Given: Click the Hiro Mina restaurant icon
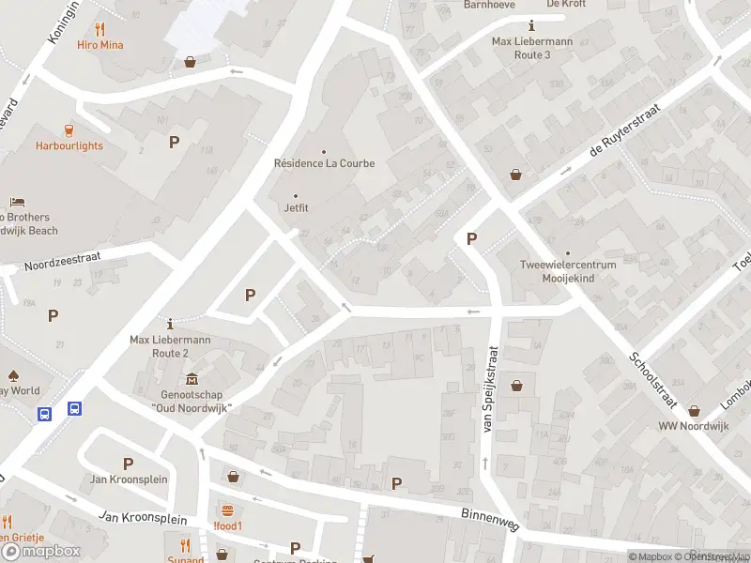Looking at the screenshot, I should coord(100,28).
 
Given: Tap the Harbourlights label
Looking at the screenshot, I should coord(69,145).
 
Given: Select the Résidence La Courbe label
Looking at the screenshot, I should coord(324,163).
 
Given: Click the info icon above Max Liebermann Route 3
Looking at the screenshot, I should coord(533,25).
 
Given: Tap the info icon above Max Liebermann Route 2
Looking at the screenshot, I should coord(170,322).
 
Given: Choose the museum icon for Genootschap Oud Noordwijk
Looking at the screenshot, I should coord(192,379).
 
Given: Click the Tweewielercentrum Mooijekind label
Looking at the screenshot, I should coord(568,271).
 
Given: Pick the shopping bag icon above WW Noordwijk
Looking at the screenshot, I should coord(694,410).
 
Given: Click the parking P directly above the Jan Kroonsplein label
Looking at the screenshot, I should coord(128,464).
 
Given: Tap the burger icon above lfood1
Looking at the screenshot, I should coord(227,510).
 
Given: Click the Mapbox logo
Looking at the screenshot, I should coord(41,551).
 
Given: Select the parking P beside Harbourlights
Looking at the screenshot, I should coord(174,142).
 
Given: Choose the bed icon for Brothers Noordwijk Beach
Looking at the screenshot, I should coord(16,203).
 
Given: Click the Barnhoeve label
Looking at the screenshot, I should coord(490,5).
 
